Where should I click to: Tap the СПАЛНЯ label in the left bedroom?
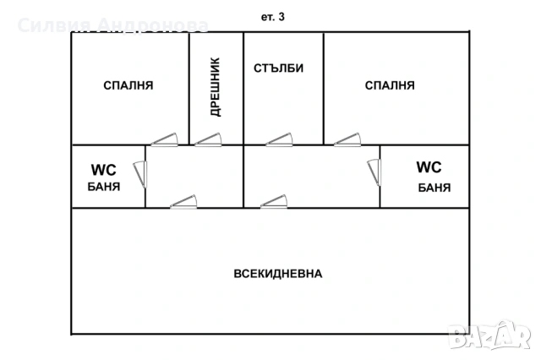point(128,85)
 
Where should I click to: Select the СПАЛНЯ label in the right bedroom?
point(390,85)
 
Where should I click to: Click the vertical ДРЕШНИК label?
point(215,87)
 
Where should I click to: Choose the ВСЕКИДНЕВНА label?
point(278,274)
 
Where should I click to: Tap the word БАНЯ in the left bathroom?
point(103,187)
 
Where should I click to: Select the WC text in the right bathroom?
point(429,167)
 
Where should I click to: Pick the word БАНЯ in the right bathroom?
point(434,187)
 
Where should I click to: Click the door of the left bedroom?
point(163,140)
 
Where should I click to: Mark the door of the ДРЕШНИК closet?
point(208,140)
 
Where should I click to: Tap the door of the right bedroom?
point(347,140)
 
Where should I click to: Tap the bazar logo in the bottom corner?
point(501,338)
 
